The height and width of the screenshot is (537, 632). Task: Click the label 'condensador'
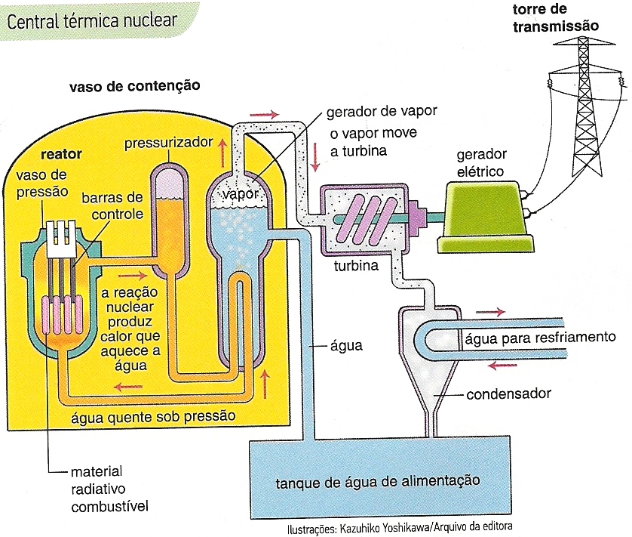click(x=508, y=393)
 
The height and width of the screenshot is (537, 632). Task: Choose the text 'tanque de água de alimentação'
click(x=377, y=480)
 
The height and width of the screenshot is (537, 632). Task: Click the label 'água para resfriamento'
click(x=541, y=337)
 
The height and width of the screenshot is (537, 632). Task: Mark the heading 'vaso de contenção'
click(x=134, y=86)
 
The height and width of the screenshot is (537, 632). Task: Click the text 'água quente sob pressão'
click(x=152, y=416)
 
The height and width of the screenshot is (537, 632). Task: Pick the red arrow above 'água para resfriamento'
click(x=492, y=310)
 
